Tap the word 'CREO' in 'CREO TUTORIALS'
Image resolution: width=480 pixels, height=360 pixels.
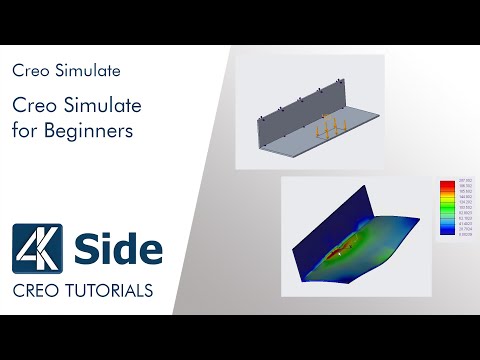pyautogui.click(x=34, y=291)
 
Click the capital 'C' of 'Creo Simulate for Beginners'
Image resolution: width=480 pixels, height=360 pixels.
pyautogui.click(x=18, y=105)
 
